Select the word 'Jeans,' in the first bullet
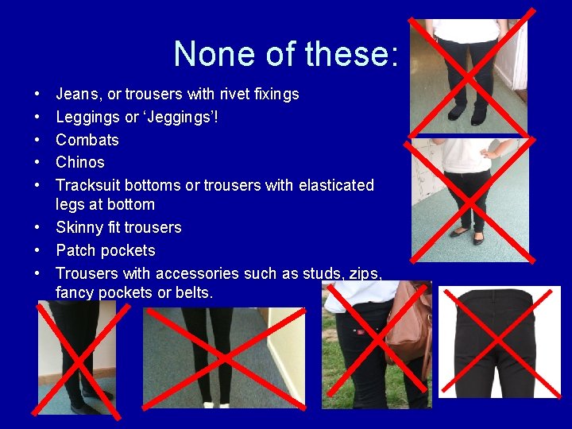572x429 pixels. [79, 95]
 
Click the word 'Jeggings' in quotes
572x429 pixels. [183, 117]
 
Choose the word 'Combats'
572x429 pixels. [87, 140]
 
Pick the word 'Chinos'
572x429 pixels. [80, 162]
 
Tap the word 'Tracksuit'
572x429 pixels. [87, 185]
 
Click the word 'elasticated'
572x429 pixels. [336, 185]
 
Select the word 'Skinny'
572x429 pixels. [79, 228]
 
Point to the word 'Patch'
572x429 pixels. [76, 251]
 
